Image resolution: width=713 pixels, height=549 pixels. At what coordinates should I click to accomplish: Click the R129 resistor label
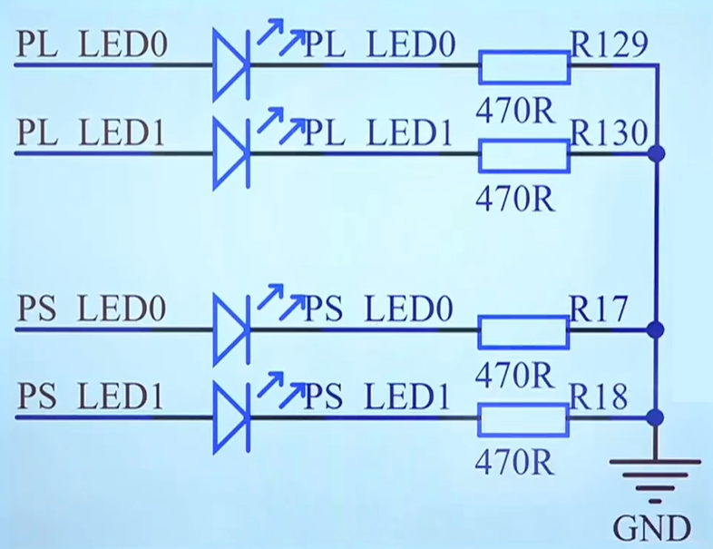click(x=609, y=44)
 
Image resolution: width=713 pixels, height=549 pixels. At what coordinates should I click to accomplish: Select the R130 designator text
click(x=609, y=132)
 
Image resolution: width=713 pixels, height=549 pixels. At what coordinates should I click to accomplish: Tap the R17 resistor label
click(x=599, y=309)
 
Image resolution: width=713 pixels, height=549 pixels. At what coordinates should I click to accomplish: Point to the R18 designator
click(x=599, y=397)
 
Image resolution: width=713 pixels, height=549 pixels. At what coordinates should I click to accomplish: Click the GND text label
click(x=651, y=527)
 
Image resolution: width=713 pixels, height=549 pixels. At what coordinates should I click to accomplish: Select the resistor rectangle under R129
click(x=524, y=67)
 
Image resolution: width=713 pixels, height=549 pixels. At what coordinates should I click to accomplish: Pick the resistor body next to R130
click(x=524, y=156)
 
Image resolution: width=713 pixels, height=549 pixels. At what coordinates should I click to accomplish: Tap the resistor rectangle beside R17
click(x=523, y=332)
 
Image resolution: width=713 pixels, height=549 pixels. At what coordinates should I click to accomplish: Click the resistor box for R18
click(x=523, y=420)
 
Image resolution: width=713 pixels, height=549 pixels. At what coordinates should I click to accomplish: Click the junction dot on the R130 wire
click(x=656, y=153)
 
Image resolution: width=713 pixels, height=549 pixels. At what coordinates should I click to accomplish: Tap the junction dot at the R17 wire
click(x=655, y=329)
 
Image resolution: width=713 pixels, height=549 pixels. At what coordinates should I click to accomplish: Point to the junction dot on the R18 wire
click(x=655, y=417)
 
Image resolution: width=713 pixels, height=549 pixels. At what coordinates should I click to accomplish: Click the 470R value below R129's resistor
click(x=515, y=110)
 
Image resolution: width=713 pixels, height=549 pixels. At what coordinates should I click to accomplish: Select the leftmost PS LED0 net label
click(x=92, y=309)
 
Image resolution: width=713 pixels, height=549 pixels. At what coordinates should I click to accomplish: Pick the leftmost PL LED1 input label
click(x=91, y=132)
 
